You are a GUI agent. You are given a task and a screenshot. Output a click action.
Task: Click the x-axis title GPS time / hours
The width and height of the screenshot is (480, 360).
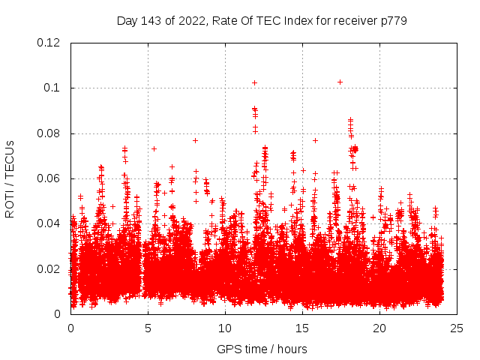click(262, 349)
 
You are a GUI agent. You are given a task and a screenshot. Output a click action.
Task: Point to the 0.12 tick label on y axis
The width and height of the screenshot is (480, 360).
click(50, 43)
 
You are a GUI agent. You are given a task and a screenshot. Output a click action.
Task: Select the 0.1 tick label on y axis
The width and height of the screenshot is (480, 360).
click(55, 88)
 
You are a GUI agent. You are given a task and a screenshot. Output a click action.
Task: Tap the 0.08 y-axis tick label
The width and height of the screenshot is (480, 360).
click(50, 133)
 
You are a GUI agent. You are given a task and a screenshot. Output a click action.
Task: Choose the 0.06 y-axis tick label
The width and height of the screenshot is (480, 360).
click(50, 178)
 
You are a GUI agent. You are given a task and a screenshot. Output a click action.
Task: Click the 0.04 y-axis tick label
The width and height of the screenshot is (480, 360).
click(50, 223)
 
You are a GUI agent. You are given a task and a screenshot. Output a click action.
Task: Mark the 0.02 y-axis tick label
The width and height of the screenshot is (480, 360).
click(50, 268)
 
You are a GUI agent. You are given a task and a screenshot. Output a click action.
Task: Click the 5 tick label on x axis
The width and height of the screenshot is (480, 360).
click(148, 328)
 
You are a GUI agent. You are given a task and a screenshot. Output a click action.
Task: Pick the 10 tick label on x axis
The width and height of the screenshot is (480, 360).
click(225, 328)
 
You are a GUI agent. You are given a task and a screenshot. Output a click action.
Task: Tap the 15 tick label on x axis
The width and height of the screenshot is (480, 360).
click(302, 328)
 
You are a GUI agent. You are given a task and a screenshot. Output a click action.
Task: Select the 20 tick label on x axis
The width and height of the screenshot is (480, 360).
click(379, 328)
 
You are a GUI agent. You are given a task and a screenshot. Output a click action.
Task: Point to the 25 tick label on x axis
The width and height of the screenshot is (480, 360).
click(457, 328)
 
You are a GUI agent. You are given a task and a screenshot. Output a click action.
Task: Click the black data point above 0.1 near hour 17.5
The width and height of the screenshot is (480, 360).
click(340, 82)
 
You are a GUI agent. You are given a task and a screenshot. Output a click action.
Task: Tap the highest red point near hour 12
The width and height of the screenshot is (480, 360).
click(255, 82)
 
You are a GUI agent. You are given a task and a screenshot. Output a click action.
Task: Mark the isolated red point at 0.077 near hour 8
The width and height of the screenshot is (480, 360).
click(195, 140)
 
